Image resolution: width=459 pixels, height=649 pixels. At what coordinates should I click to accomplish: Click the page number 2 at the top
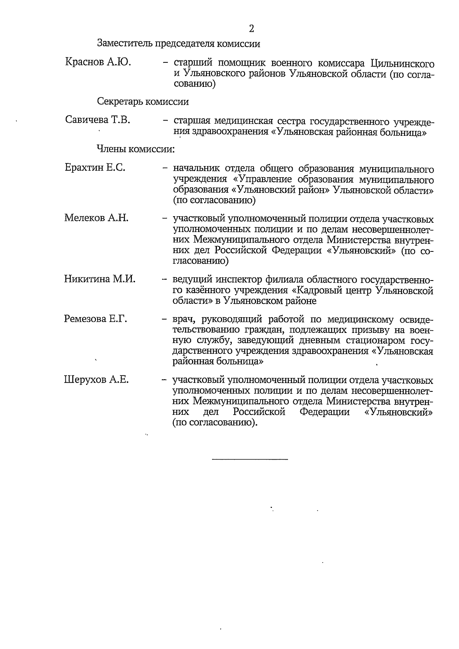pos(251,29)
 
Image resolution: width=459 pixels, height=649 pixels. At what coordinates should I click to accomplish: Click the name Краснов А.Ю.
pos(98,62)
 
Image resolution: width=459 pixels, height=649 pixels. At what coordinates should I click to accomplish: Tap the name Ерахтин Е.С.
pos(95,168)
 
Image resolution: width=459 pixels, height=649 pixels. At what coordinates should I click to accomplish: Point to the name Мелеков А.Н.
pos(96,218)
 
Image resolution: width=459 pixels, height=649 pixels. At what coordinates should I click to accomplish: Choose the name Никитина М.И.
pos(99,279)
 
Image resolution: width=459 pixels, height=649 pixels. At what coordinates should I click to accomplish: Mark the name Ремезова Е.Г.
pos(96,319)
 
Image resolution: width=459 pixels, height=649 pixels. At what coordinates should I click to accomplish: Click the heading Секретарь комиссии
pos(143,102)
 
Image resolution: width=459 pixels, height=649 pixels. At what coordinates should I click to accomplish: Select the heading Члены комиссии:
pos(135,149)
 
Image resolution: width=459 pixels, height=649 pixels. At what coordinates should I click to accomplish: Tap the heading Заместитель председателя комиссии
pos(179,44)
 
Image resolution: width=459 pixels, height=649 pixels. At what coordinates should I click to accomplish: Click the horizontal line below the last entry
pos(249,458)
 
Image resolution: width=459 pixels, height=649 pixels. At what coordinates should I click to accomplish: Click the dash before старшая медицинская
pos(165,121)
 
